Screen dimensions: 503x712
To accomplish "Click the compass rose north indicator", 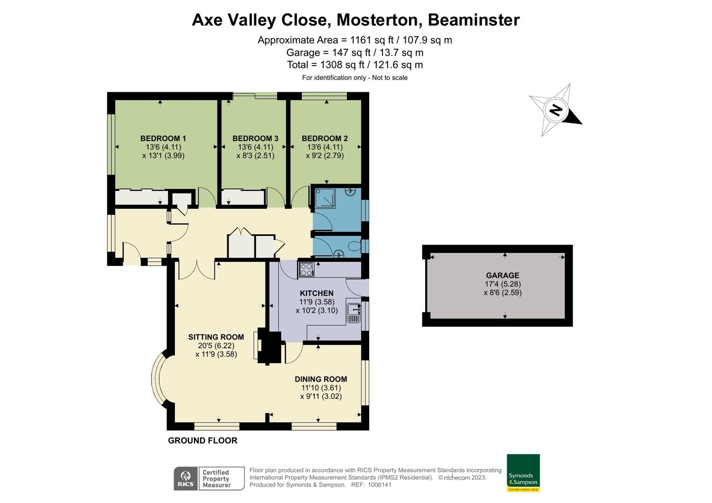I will pyautogui.click(x=555, y=110).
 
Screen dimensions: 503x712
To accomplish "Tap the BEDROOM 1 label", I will pyautogui.click(x=163, y=138).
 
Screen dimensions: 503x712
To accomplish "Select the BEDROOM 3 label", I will pyautogui.click(x=255, y=138).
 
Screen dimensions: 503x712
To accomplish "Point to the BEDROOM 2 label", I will pyautogui.click(x=325, y=138).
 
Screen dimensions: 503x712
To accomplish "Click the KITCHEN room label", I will pyautogui.click(x=317, y=293).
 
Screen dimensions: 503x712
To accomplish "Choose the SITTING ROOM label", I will pyautogui.click(x=216, y=337).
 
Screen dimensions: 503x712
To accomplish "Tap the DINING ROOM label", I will pyautogui.click(x=321, y=379).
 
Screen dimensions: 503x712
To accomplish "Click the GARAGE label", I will pyautogui.click(x=502, y=275).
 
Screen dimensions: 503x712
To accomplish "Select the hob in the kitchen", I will pyautogui.click(x=306, y=270).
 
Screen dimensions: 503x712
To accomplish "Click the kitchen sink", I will pyautogui.click(x=353, y=312).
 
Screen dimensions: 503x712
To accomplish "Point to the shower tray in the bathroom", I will pyautogui.click(x=325, y=198).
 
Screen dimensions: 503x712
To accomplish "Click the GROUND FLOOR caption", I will pyautogui.click(x=202, y=440).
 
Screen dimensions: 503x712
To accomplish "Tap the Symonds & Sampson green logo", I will pyautogui.click(x=523, y=473).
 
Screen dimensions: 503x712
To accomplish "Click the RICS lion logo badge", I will pyautogui.click(x=186, y=478).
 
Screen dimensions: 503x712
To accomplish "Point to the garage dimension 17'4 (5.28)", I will pyautogui.click(x=503, y=284).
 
